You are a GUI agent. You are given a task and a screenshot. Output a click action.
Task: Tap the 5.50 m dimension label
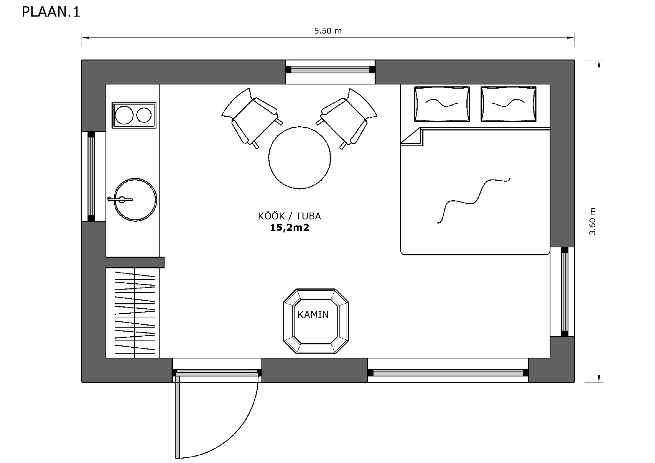(328, 31)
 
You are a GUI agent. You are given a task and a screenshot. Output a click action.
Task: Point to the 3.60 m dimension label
(592, 221)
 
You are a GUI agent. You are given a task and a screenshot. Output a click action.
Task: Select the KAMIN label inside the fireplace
(313, 314)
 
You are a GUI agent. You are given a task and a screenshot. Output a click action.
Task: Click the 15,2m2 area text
(290, 228)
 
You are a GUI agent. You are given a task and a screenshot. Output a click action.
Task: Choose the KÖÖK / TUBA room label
(289, 216)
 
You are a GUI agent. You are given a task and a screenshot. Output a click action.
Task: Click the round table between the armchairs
(300, 158)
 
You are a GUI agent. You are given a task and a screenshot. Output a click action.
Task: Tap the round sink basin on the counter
(135, 200)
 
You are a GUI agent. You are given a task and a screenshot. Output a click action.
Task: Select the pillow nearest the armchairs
(442, 104)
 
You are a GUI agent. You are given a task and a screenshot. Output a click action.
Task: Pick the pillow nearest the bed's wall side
(508, 104)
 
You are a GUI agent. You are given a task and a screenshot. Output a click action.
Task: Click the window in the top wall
(330, 70)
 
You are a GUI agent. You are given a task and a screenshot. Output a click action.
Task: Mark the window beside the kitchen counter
(91, 176)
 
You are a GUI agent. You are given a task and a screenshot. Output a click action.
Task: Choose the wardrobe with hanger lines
(133, 313)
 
